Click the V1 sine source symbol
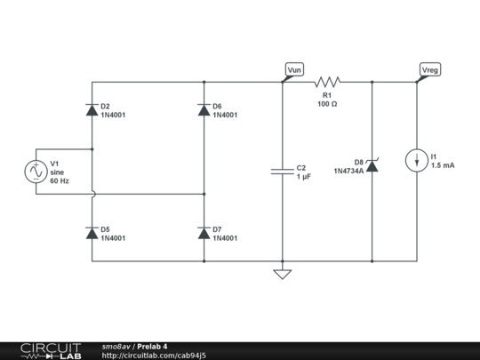[35, 171]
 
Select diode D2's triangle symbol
[92, 110]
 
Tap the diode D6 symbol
[204, 110]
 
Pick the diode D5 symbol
[92, 233]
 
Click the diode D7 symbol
[204, 233]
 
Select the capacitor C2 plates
[282, 172]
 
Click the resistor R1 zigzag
[326, 82]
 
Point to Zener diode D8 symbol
[372, 165]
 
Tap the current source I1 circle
[416, 161]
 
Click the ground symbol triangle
[282, 274]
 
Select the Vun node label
[294, 69]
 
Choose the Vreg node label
[430, 69]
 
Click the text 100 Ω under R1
[326, 104]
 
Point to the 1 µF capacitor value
[304, 177]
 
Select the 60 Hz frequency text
[60, 180]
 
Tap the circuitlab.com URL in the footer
[154, 355]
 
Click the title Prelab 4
[152, 346]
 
